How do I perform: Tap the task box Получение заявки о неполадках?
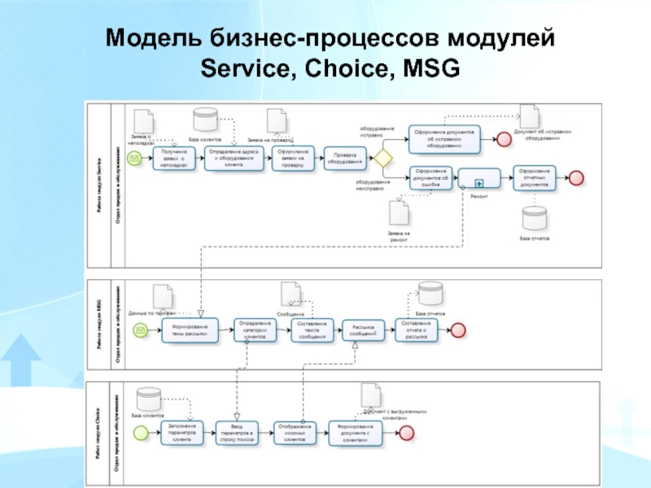point(176,158)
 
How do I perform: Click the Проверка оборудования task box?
point(344,158)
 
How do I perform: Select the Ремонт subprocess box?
point(479,178)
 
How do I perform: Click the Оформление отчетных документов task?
point(535,178)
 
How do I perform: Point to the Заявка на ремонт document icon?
point(399,213)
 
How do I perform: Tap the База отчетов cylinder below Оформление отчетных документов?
point(535,218)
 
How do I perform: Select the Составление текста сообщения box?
point(312,329)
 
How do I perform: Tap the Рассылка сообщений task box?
point(363,329)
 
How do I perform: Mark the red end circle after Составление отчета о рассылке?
point(457,329)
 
